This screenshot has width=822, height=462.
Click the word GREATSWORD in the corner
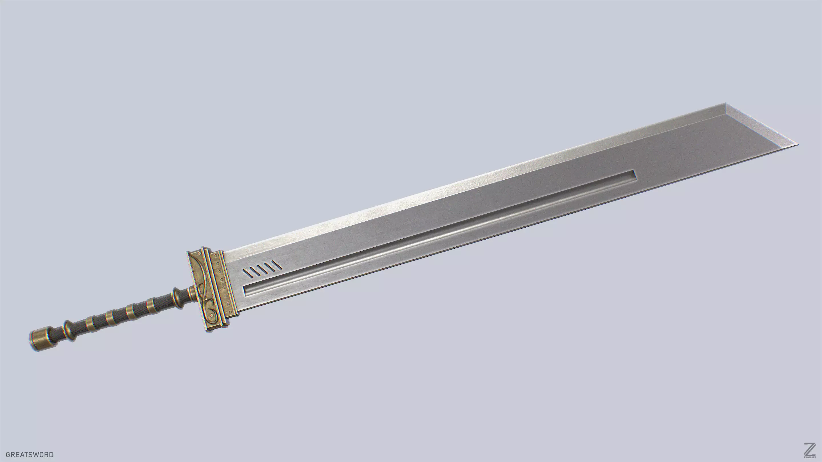(x=30, y=454)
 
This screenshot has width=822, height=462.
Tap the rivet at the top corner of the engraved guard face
(x=200, y=254)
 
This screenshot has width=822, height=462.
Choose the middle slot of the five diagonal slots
(x=262, y=269)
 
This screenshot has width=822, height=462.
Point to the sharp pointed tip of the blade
(x=798, y=144)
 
